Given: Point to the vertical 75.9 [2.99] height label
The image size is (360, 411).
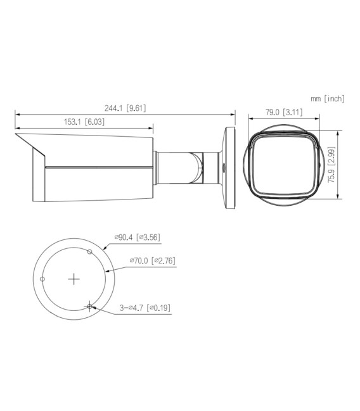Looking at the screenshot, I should [x=331, y=163].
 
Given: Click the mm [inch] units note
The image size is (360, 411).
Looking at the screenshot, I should [x=327, y=98].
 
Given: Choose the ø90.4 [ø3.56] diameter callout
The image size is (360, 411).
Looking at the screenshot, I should [x=137, y=237].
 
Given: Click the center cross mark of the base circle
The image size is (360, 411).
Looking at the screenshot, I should [x=75, y=279].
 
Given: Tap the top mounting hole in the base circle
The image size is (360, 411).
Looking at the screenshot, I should [x=90, y=252].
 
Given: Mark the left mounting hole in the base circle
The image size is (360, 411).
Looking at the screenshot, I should [x=42, y=279].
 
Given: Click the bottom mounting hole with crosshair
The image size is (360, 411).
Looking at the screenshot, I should [x=91, y=307].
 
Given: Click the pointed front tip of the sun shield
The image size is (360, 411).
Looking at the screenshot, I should [x=15, y=134].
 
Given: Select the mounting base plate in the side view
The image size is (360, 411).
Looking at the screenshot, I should [x=230, y=168].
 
